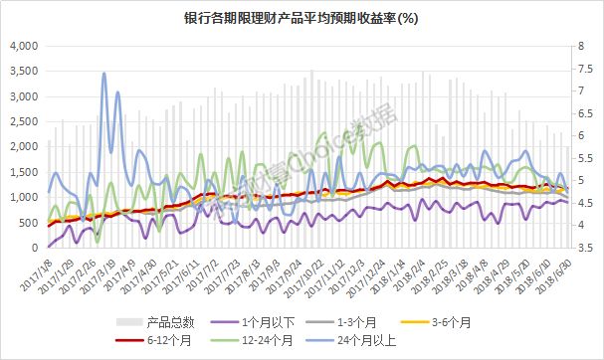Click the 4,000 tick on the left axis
coord(22,46)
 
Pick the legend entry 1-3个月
coord(368,321)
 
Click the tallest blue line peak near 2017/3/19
coord(103,73)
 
